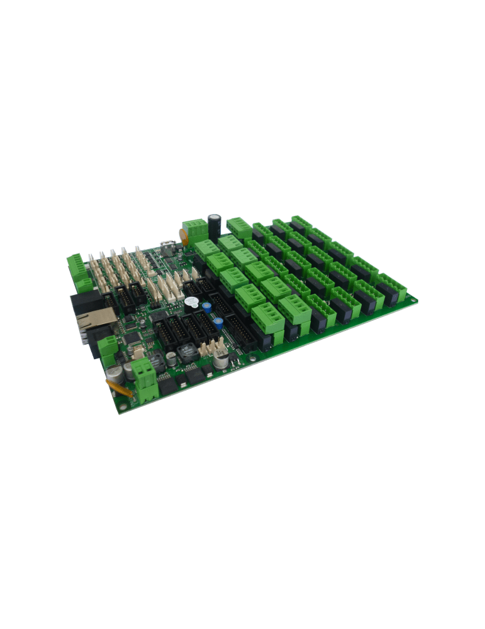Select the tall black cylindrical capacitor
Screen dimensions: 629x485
(x=215, y=226)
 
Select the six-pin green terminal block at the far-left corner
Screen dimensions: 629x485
(x=78, y=270)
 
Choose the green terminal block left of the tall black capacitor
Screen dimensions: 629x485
(x=194, y=227)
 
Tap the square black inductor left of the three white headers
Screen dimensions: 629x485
(x=187, y=353)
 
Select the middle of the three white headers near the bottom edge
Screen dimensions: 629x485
(x=212, y=347)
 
